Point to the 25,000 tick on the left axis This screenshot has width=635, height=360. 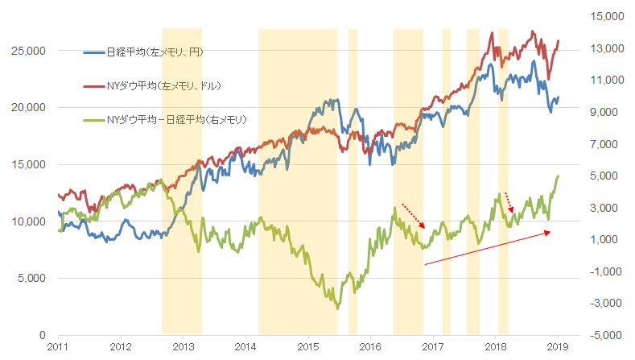click(30, 51)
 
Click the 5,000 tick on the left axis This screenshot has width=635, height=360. click(32, 278)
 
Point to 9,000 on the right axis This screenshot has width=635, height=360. click(600, 112)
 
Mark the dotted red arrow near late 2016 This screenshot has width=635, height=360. click(412, 216)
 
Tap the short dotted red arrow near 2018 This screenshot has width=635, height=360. click(509, 202)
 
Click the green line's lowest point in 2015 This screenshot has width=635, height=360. click(337, 308)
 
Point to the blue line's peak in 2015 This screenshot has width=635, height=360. click(332, 100)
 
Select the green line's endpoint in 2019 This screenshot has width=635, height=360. click(558, 176)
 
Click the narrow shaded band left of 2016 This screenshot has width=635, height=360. click(353, 181)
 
